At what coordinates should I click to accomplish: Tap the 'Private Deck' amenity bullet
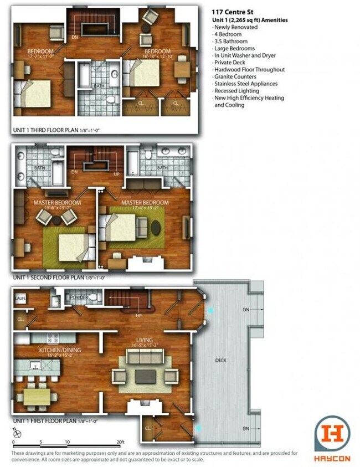point(232,63)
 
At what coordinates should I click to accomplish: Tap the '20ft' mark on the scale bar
point(120,442)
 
